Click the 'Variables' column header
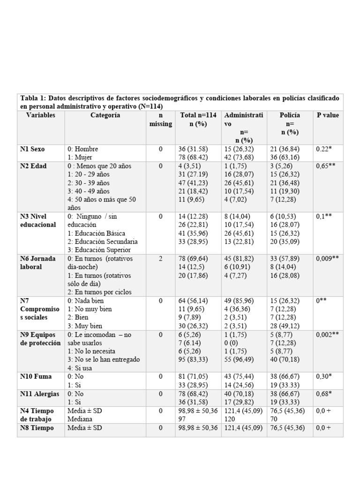point(41,115)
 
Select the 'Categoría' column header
point(105,115)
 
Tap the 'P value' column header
point(328,115)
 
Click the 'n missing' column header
point(161,120)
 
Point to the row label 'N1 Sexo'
point(32,149)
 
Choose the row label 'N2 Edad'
point(33,166)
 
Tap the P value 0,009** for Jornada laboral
point(328,259)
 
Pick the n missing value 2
point(161,259)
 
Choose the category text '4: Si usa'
point(81,368)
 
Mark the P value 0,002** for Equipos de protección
point(328,335)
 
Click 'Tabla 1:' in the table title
point(33,98)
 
